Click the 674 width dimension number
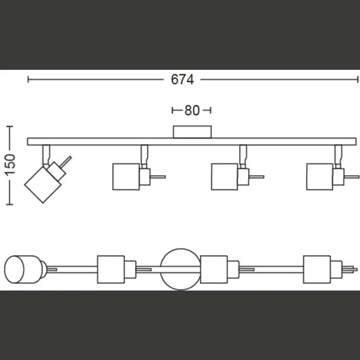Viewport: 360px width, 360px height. tap(182, 80)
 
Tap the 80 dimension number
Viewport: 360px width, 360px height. tap(192, 111)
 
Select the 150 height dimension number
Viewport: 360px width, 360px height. tap(10, 165)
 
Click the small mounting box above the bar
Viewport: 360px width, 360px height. tap(192, 132)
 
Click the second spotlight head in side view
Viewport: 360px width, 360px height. tap(126, 176)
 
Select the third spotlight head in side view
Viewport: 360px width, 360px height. tap(225, 176)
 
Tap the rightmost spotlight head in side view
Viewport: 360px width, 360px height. tap(320, 176)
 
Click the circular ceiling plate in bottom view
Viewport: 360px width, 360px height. tap(180, 269)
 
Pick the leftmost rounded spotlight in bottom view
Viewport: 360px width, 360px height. tap(23, 269)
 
